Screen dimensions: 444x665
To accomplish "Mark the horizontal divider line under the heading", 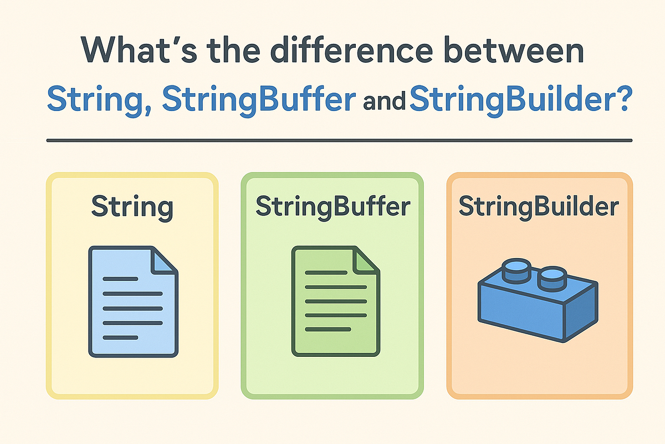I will tap(339, 140).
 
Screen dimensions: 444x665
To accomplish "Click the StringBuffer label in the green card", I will tap(332, 208).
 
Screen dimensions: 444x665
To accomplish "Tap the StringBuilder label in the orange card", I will tap(539, 208).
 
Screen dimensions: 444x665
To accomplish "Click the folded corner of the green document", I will tap(366, 260).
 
